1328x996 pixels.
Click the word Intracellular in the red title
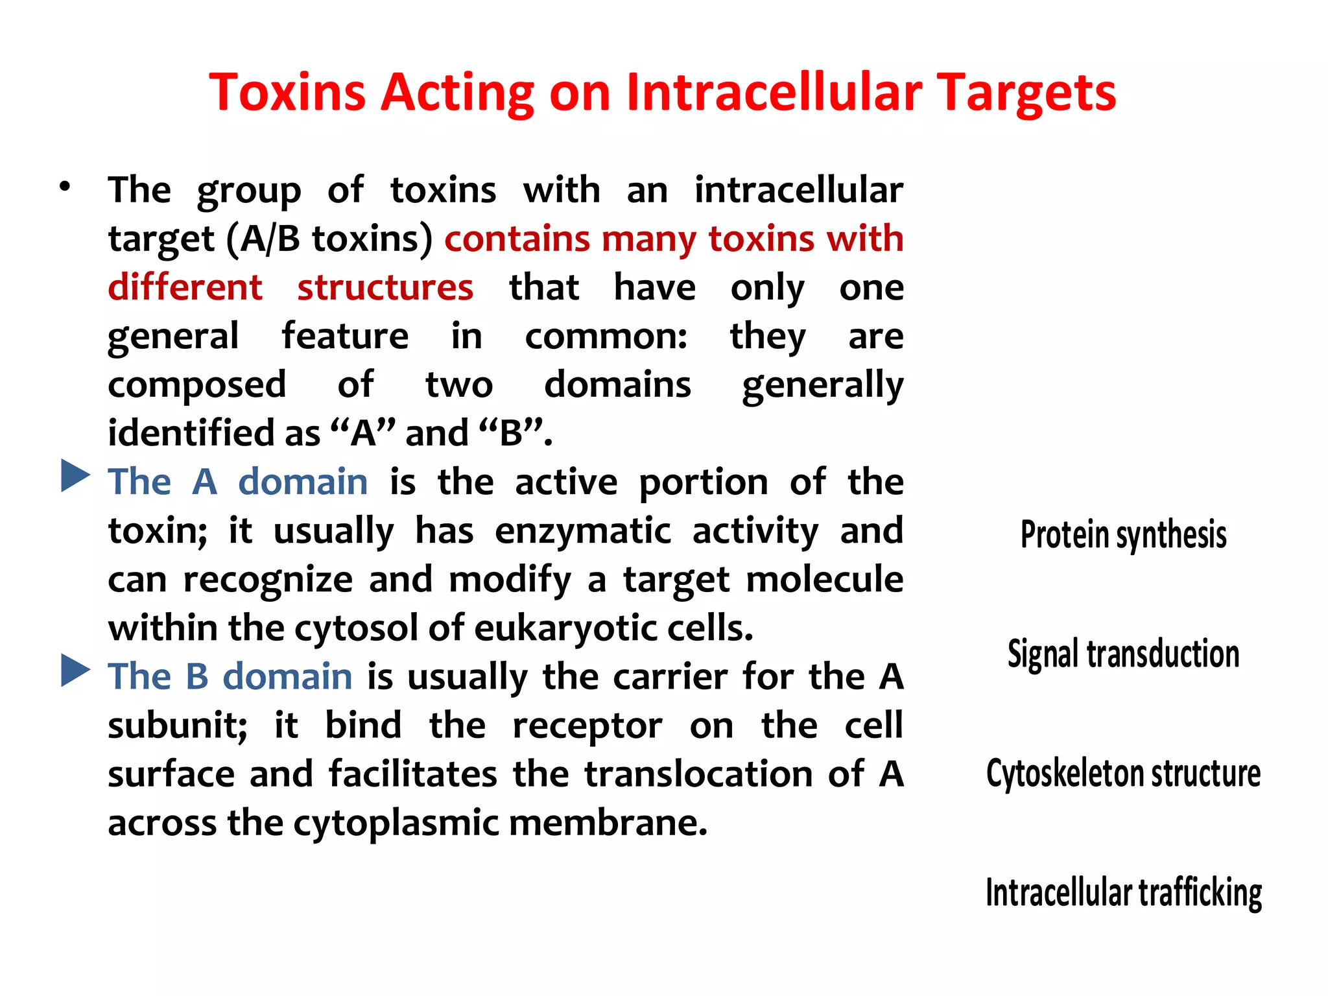(774, 92)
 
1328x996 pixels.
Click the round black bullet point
(64, 187)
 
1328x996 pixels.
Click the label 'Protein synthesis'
(1123, 535)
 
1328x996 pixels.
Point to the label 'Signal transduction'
(1123, 654)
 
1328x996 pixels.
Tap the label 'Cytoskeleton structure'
(1123, 774)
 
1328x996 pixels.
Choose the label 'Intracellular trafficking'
(1123, 893)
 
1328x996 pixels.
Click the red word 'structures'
(385, 287)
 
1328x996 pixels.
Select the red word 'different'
(185, 287)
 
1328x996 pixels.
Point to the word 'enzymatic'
(583, 531)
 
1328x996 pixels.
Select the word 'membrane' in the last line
(608, 823)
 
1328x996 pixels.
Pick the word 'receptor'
(587, 726)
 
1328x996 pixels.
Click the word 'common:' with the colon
(606, 337)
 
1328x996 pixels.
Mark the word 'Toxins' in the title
(287, 92)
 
